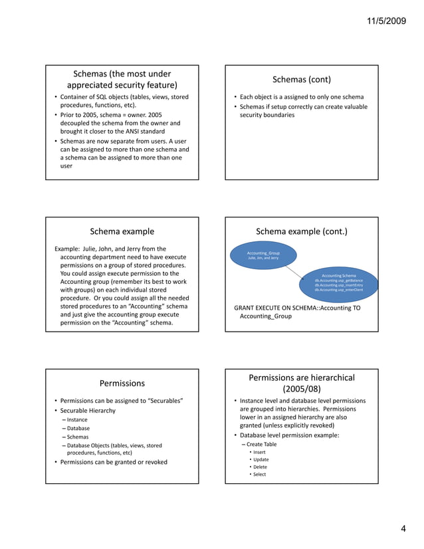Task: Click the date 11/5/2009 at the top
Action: [x=389, y=22]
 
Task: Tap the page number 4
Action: [x=403, y=529]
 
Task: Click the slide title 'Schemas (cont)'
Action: [x=302, y=80]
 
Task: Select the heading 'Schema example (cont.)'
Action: [x=302, y=231]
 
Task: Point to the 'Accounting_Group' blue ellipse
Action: [x=263, y=255]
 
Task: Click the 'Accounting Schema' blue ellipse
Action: [x=339, y=282]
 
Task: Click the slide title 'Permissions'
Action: [x=122, y=383]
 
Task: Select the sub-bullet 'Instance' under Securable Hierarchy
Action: [x=77, y=420]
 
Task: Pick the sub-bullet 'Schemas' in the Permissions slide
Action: [x=78, y=437]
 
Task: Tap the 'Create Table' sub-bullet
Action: [x=261, y=444]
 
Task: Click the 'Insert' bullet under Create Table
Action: [x=259, y=452]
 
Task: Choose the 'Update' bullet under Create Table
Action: [x=261, y=459]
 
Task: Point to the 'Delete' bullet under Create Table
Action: [x=260, y=467]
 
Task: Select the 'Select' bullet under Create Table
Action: [x=259, y=474]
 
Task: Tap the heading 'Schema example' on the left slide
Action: [x=122, y=231]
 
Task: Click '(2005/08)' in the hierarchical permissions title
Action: [x=302, y=388]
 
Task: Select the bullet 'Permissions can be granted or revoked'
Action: [x=114, y=462]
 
